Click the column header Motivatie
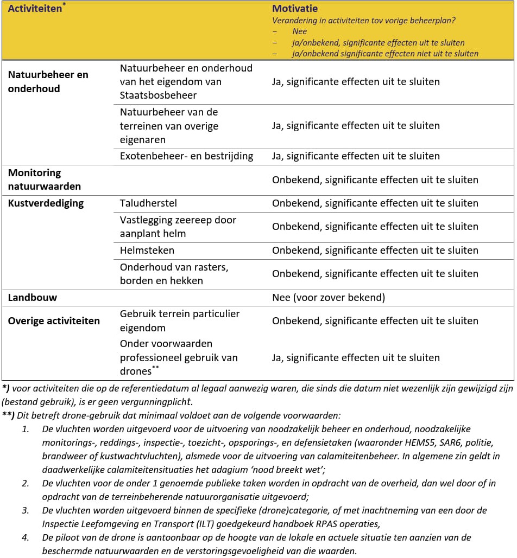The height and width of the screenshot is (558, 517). [x=295, y=9]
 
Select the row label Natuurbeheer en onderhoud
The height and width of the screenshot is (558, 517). [x=48, y=81]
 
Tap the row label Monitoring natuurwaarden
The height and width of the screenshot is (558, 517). [x=44, y=179]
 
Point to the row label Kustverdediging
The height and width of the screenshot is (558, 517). [x=46, y=203]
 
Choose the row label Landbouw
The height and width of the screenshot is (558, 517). [x=32, y=297]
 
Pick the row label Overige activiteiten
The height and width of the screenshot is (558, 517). [x=54, y=320]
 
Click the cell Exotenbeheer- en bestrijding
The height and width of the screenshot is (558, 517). [x=186, y=156]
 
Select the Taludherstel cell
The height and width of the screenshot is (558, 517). [x=148, y=203]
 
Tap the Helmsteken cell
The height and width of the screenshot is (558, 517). [x=147, y=251]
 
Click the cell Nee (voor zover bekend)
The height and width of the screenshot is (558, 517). [x=328, y=297]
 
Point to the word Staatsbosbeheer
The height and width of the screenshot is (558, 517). [x=158, y=95]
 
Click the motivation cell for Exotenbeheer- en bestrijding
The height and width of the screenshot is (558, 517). [x=356, y=156]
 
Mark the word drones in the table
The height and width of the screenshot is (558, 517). [x=135, y=372]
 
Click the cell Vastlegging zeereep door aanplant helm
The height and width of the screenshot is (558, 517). [x=178, y=227]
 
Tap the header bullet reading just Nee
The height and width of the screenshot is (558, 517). [x=299, y=32]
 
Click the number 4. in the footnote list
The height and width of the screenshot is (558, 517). [x=26, y=537]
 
